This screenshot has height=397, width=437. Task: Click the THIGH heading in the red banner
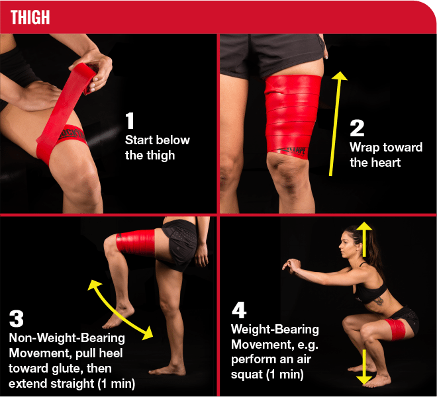pyautogui.click(x=30, y=17)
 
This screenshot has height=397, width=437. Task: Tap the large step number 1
pyautogui.click(x=130, y=120)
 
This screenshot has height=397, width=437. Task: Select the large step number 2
pyautogui.click(x=357, y=128)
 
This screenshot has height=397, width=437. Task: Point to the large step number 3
pyautogui.click(x=16, y=318)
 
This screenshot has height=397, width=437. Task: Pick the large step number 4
pyautogui.click(x=239, y=310)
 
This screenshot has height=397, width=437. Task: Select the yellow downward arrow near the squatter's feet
pyautogui.click(x=364, y=367)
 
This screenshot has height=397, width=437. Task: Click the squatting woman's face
pyautogui.click(x=346, y=245)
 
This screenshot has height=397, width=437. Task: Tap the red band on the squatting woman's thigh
pyautogui.click(x=395, y=330)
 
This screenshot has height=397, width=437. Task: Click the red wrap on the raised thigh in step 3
pyautogui.click(x=136, y=242)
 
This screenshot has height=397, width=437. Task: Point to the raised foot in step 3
pyautogui.click(x=118, y=317)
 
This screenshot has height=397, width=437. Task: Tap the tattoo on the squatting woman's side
pyautogui.click(x=379, y=300)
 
